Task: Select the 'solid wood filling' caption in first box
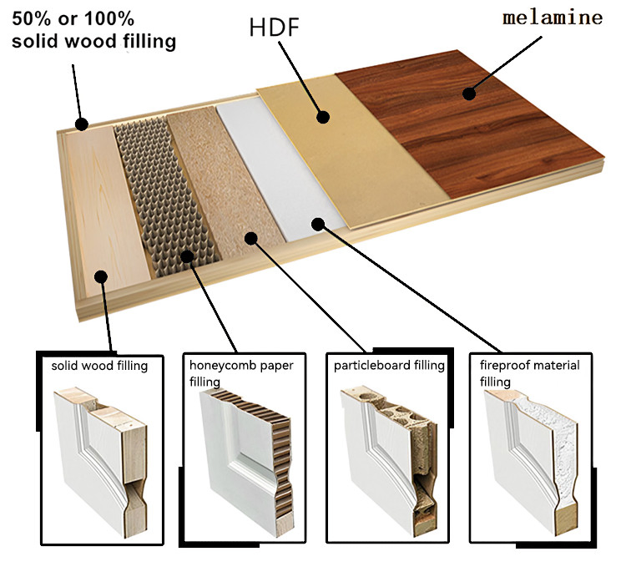(x=99, y=365)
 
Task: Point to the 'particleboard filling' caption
(x=387, y=365)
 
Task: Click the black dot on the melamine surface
(x=469, y=94)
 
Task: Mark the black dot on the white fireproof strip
(x=317, y=223)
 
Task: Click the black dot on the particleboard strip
(x=251, y=238)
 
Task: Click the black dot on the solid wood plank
(x=101, y=277)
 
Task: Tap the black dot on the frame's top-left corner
(x=81, y=125)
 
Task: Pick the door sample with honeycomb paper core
(x=242, y=463)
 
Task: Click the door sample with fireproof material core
(x=531, y=459)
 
